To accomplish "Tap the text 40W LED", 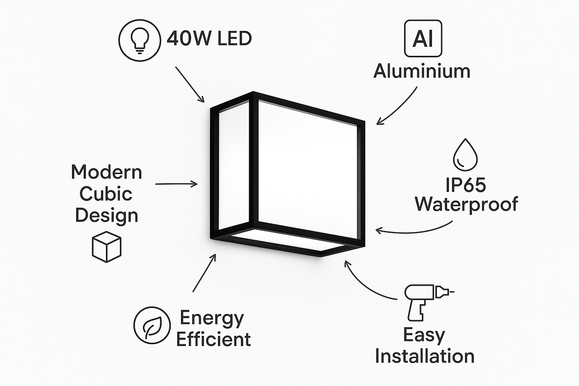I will coord(209,38).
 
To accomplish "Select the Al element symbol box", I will coord(423,38).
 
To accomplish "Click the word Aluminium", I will coord(422,71).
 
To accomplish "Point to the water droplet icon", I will coord(465,155).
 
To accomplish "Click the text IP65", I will coord(466,185).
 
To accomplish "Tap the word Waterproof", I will coord(466,204).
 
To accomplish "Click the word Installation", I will coord(424,356).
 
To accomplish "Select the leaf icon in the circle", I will coord(152,325).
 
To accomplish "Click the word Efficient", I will coord(213,339).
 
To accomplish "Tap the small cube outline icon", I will coord(107,247).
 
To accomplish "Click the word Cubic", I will coord(106,194).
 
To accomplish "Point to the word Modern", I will coord(107,172).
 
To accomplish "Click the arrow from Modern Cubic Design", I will coord(176,184).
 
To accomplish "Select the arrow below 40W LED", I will coord(190,84).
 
